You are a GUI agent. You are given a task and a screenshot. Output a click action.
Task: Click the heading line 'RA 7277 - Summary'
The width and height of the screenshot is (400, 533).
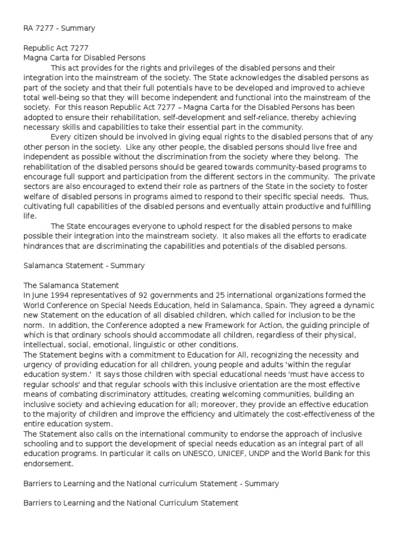coord(59,28)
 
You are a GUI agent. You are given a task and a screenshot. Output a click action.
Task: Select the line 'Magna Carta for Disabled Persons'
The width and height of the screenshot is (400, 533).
coord(85,58)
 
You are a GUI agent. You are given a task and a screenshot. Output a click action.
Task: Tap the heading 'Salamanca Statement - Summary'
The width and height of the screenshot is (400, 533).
coord(84,265)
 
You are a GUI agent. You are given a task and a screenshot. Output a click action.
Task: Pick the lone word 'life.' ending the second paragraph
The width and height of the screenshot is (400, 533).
coord(30,216)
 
